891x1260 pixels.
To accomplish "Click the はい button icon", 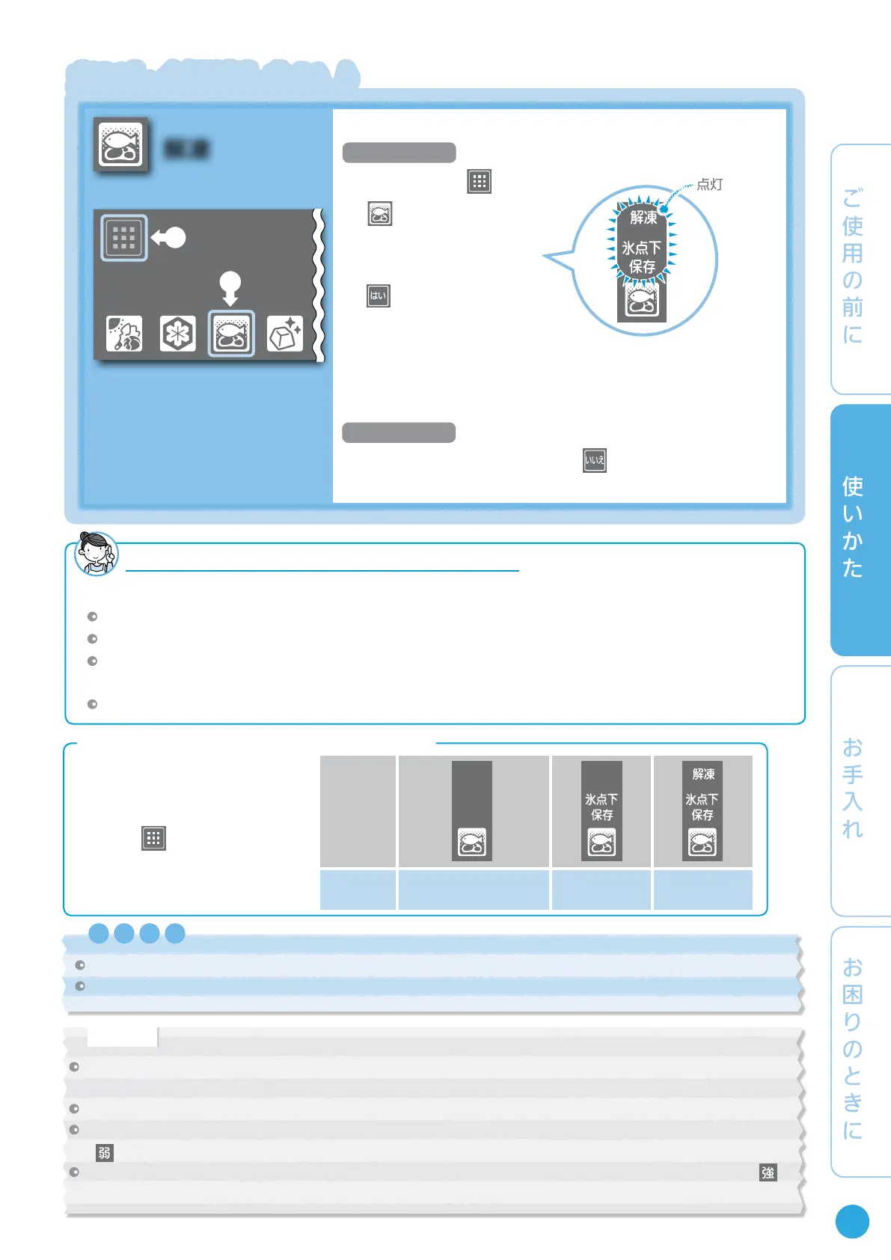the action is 379,296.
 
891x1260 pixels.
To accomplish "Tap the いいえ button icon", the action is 595,460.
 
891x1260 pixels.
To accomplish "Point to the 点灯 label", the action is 709,184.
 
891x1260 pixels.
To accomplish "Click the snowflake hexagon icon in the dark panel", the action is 177,333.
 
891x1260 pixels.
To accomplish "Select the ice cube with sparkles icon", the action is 285,333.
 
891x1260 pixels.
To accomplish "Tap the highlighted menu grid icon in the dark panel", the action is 123,238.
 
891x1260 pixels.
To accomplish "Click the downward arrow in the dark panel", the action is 230,288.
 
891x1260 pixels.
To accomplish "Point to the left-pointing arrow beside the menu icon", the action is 169,238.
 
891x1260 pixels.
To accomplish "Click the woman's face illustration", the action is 96,553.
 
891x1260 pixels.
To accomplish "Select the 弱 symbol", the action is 105,1153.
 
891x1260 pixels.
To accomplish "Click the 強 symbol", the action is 768,1172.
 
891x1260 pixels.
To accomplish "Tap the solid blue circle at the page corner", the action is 852,1221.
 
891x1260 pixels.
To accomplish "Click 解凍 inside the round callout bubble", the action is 643,217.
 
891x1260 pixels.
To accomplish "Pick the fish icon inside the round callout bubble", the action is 641,302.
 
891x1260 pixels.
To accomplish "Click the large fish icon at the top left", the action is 121,144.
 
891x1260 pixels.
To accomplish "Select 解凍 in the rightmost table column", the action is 703,774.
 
